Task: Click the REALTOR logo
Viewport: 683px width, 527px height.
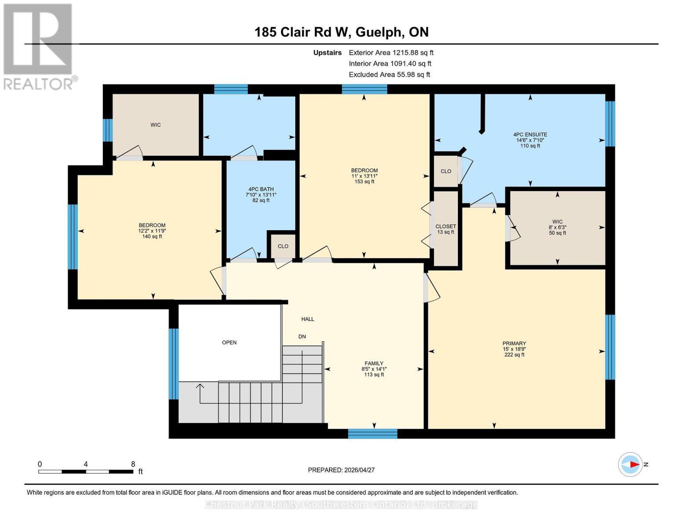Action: pos(39,47)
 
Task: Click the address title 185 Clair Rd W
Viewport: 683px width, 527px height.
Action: pos(341,32)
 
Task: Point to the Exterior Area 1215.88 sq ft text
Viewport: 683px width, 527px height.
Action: pos(391,53)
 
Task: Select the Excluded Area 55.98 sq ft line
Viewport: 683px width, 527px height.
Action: pos(389,75)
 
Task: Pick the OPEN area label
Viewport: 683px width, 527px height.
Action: pos(229,343)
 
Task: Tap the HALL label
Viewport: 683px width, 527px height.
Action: pos(307,319)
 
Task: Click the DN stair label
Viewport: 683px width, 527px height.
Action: pos(302,337)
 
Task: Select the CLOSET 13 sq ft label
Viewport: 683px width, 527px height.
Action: pos(446,229)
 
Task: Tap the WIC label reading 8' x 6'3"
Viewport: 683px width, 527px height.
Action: pos(557,227)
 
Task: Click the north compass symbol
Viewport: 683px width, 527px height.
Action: pos(631,464)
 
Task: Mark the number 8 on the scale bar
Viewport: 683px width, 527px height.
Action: pos(133,464)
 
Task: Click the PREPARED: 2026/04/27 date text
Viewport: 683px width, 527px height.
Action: pos(341,470)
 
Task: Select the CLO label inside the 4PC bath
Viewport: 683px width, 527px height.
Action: pos(283,246)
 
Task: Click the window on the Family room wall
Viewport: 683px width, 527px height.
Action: pos(373,434)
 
